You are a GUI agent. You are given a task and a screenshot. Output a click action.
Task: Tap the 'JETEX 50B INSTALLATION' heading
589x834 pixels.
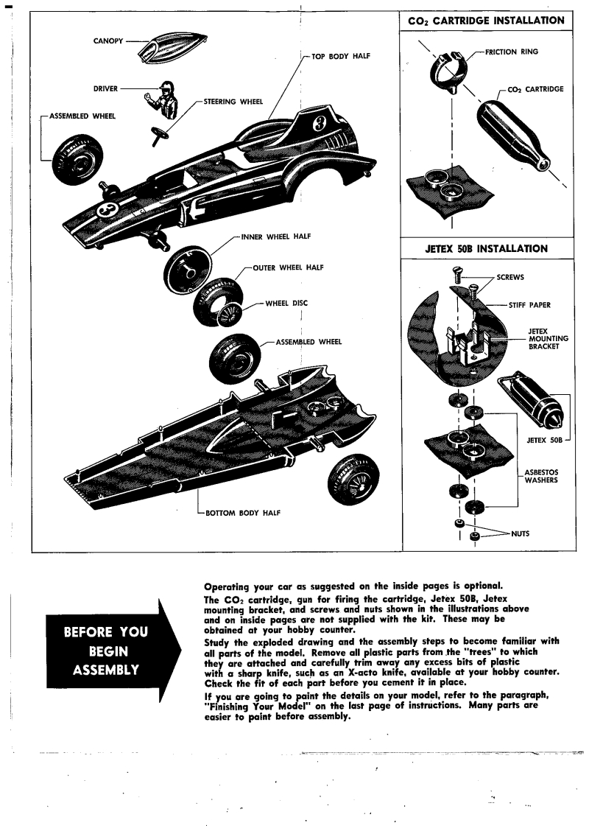[x=486, y=248]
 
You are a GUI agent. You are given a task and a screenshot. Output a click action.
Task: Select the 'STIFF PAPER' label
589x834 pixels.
[x=529, y=304]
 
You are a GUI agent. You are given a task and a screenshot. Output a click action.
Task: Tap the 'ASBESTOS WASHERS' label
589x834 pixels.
[x=541, y=475]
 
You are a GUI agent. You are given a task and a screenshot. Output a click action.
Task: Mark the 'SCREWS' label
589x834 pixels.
[x=511, y=278]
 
